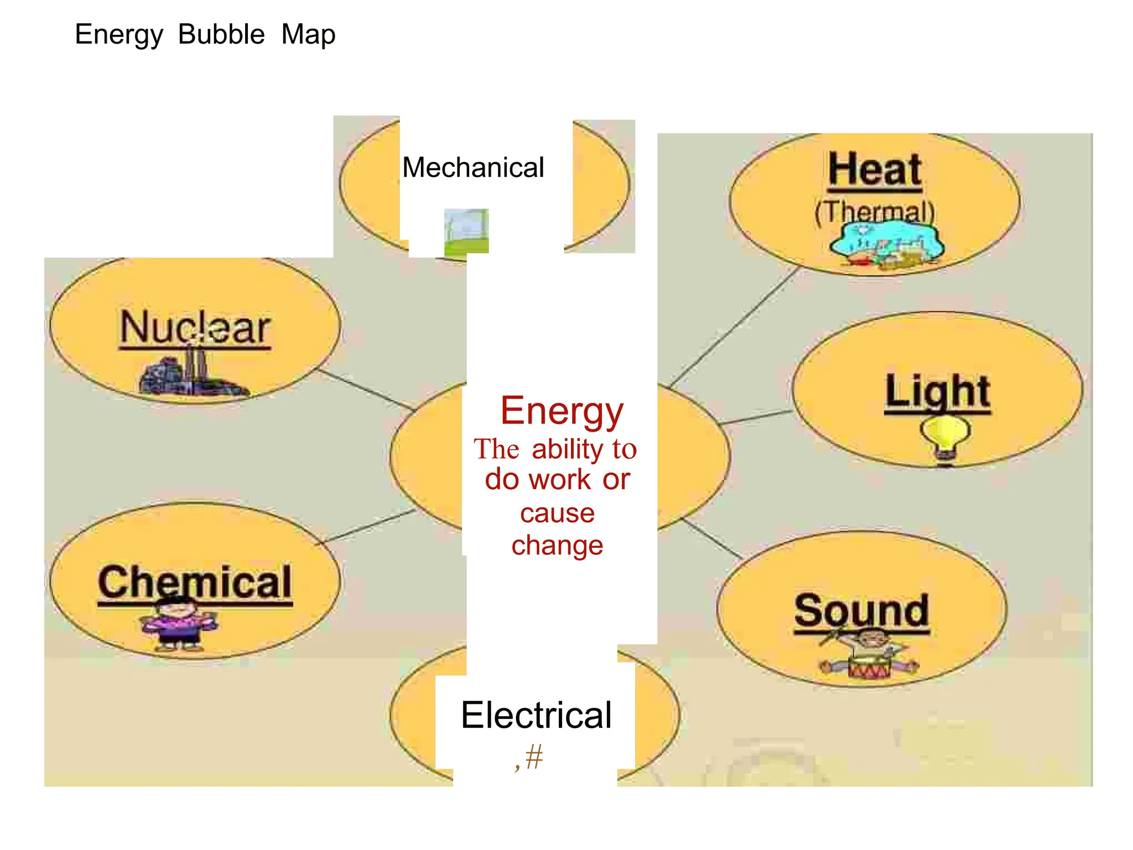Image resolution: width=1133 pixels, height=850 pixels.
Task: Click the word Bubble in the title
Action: point(221,35)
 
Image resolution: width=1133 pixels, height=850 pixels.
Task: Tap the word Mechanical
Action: point(473,167)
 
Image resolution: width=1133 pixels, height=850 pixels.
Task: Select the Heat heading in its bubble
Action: point(875,169)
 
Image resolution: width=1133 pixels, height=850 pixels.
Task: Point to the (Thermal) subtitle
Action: point(875,211)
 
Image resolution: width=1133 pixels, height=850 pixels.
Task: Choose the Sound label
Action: point(861,611)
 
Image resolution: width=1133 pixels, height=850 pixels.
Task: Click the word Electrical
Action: point(536,715)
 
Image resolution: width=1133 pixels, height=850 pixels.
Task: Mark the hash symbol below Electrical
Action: point(534,756)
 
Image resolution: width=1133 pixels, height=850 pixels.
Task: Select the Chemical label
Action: point(195,582)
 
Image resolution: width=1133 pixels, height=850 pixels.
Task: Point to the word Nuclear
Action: point(195,328)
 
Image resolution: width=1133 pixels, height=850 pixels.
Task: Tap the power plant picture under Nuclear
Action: point(191,374)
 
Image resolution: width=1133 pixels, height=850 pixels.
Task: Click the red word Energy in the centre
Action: point(562,411)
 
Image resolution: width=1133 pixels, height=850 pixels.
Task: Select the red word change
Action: point(557,546)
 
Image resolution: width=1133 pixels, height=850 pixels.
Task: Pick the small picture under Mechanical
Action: point(466,231)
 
